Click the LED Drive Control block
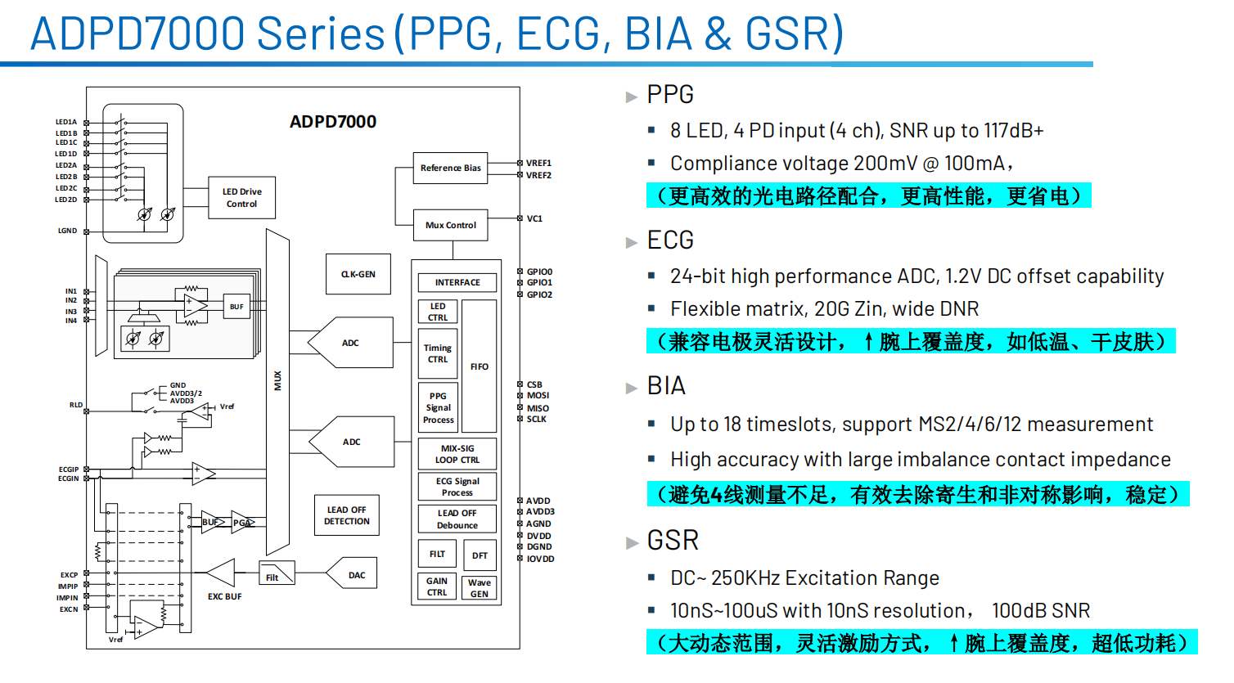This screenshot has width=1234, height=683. click(x=241, y=198)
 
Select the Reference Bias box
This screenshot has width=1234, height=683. click(x=450, y=169)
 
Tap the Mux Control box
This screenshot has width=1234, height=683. click(x=450, y=225)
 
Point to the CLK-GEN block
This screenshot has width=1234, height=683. click(x=358, y=275)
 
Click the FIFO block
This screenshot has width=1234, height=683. click(x=480, y=366)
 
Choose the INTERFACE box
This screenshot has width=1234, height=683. click(x=457, y=283)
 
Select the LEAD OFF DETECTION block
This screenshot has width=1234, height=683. click(x=347, y=515)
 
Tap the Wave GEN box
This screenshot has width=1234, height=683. click(x=480, y=588)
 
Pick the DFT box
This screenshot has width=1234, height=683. click(x=480, y=555)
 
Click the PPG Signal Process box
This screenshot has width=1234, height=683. click(x=438, y=407)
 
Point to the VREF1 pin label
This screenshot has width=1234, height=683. click(x=538, y=164)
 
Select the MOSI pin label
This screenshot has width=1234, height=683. click(x=538, y=396)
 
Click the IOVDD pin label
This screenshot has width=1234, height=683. click(x=540, y=559)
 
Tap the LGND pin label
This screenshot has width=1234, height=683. click(x=67, y=231)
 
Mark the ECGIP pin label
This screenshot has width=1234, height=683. click(x=69, y=470)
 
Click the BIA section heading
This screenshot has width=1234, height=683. click(x=666, y=386)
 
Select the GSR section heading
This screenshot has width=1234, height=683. click(x=673, y=541)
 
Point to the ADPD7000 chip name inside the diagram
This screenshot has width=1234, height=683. click(x=333, y=122)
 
